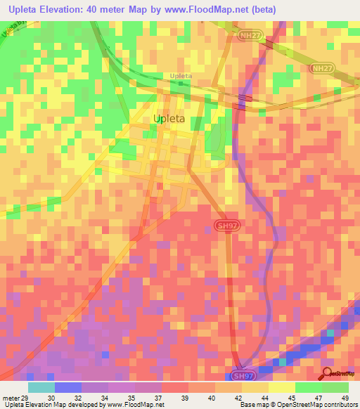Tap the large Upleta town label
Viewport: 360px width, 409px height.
(x=169, y=119)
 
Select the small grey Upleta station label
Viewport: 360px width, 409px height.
(x=181, y=76)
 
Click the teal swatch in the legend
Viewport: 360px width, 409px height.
(x=41, y=387)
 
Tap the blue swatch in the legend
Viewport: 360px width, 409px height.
(x=68, y=387)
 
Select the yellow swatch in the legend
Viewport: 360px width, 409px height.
(x=281, y=387)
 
